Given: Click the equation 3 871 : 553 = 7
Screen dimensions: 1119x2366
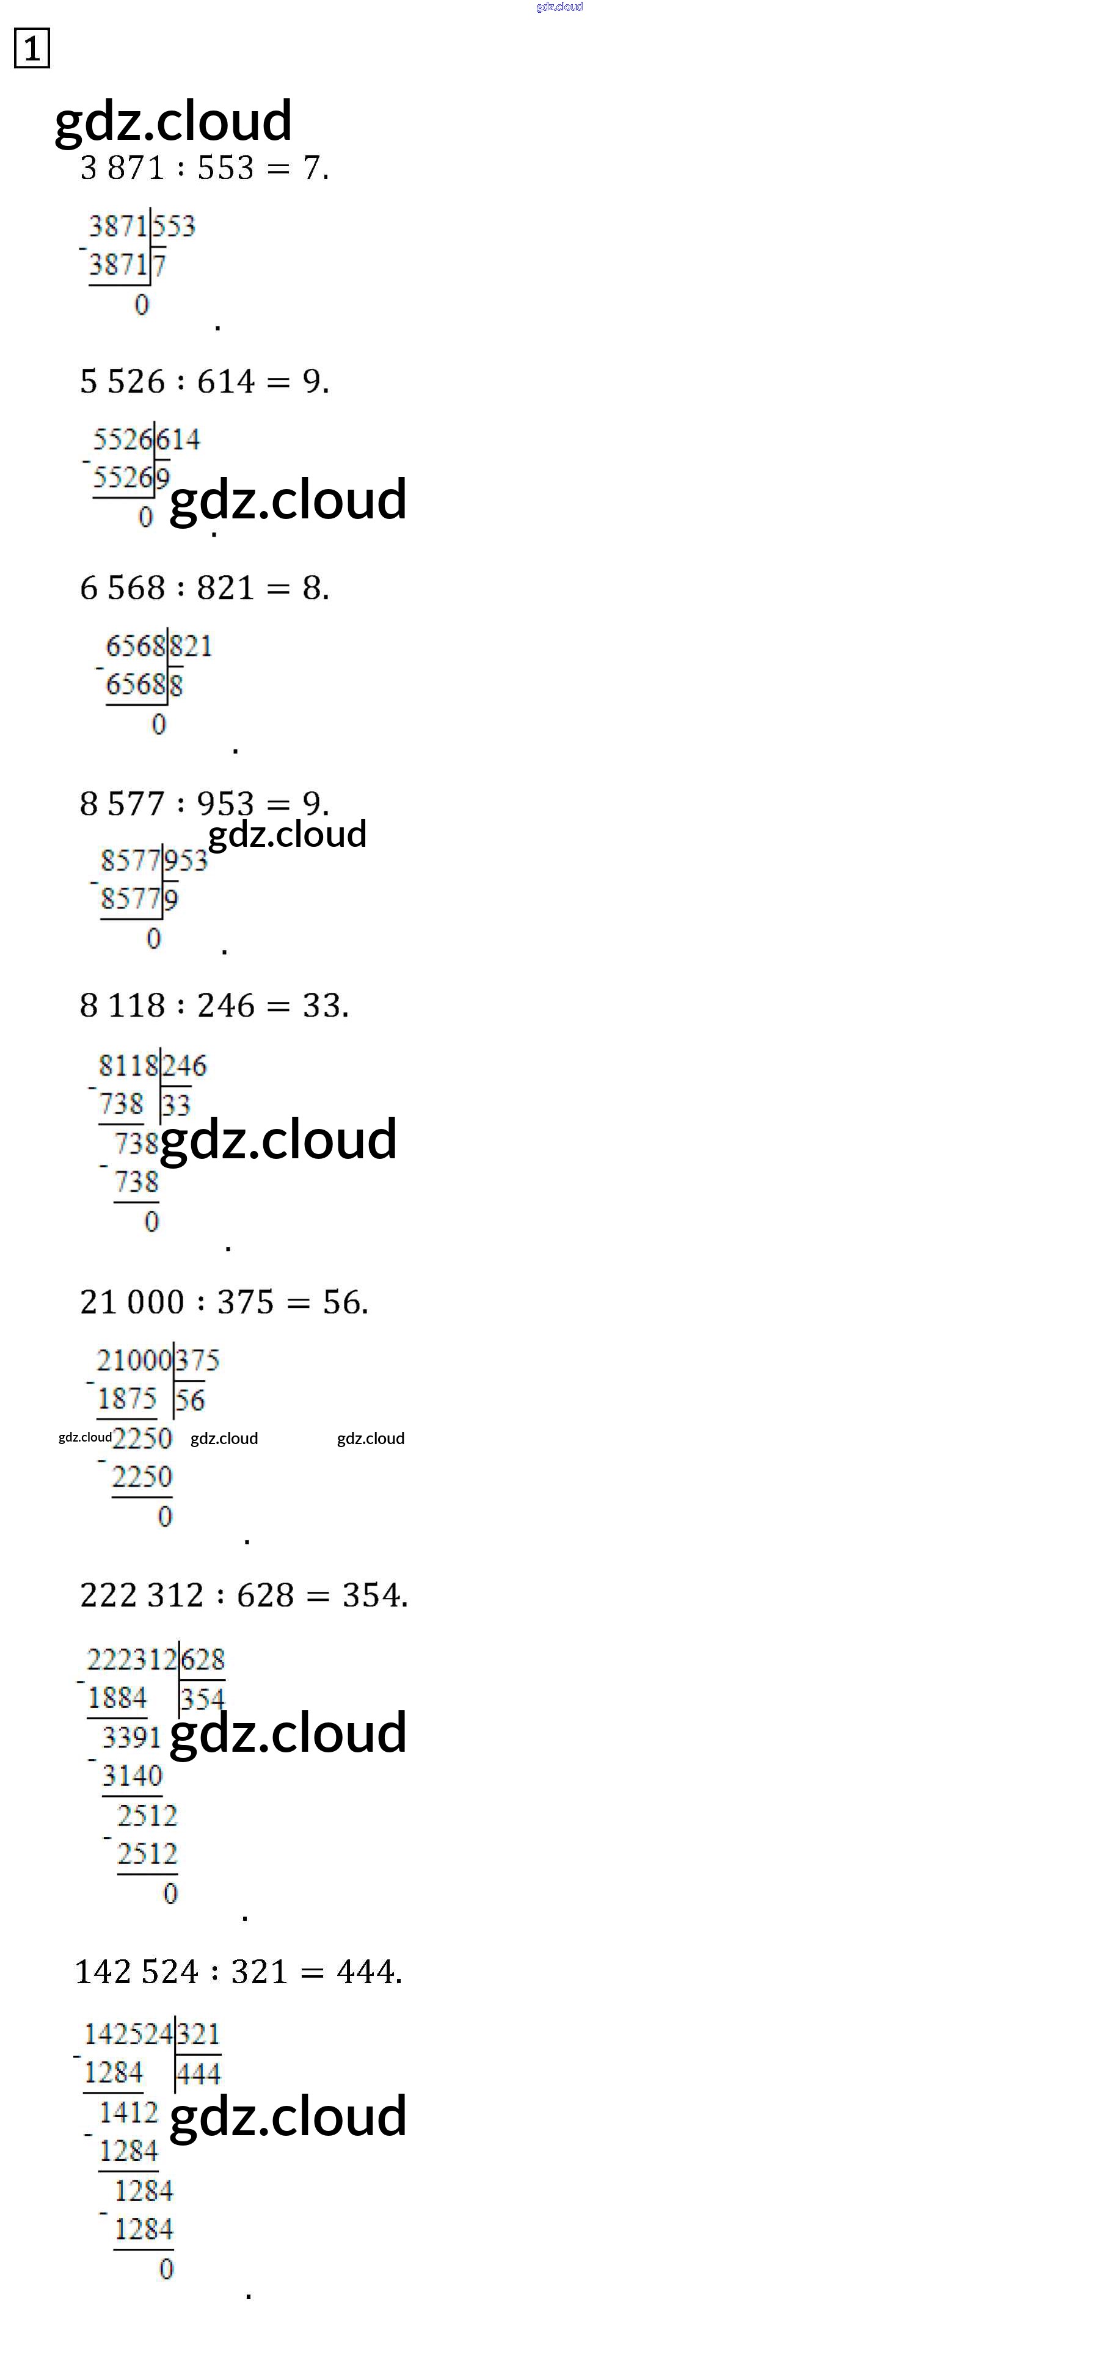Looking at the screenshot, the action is tap(204, 168).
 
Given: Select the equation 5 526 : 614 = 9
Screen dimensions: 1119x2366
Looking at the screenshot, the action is tap(204, 381).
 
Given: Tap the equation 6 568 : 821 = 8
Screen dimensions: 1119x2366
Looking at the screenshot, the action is tap(204, 588).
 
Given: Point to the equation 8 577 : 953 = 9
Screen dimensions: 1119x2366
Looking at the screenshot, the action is tap(204, 804).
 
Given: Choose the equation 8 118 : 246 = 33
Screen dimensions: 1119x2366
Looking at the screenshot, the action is tap(214, 1006).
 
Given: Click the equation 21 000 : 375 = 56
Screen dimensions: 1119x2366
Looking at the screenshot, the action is tap(223, 1302).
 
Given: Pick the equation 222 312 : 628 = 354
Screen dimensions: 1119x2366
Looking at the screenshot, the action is tap(244, 1595).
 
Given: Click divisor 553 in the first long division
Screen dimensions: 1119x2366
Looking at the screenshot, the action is tap(173, 226).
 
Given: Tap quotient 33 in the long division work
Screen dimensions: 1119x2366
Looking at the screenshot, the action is tap(175, 1105).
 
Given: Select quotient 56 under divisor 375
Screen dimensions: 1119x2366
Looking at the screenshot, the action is tap(190, 1401).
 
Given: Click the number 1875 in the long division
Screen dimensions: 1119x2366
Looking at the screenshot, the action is tap(127, 1399).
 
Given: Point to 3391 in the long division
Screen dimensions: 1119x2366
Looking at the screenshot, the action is tap(131, 1737).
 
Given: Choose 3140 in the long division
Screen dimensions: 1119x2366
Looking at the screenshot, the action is tap(131, 1776).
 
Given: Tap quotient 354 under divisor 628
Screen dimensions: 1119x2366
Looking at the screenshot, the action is tap(202, 1699).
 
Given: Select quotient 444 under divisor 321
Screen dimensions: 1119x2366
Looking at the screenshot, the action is tap(199, 2074).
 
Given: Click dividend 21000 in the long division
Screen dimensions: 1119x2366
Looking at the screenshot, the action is tap(134, 1360).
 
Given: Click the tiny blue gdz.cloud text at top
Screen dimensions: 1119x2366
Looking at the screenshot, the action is tap(559, 7).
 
